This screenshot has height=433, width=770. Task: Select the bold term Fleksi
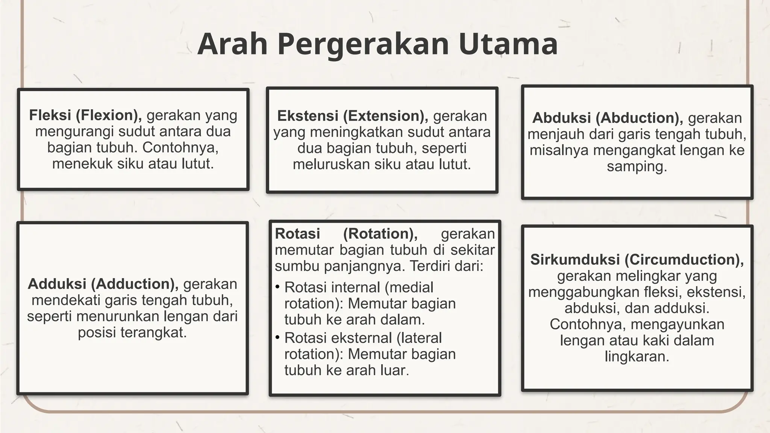pyautogui.click(x=50, y=115)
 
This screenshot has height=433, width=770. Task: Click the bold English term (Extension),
pyautogui.click(x=385, y=116)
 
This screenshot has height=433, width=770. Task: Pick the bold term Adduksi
pyautogui.click(x=57, y=284)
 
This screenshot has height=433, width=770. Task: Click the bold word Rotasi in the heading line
pyautogui.click(x=297, y=234)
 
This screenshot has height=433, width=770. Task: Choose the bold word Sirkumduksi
pyautogui.click(x=575, y=260)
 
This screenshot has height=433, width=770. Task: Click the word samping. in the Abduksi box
pyautogui.click(x=637, y=167)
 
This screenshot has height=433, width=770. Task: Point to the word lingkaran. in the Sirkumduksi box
pyautogui.click(x=637, y=356)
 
